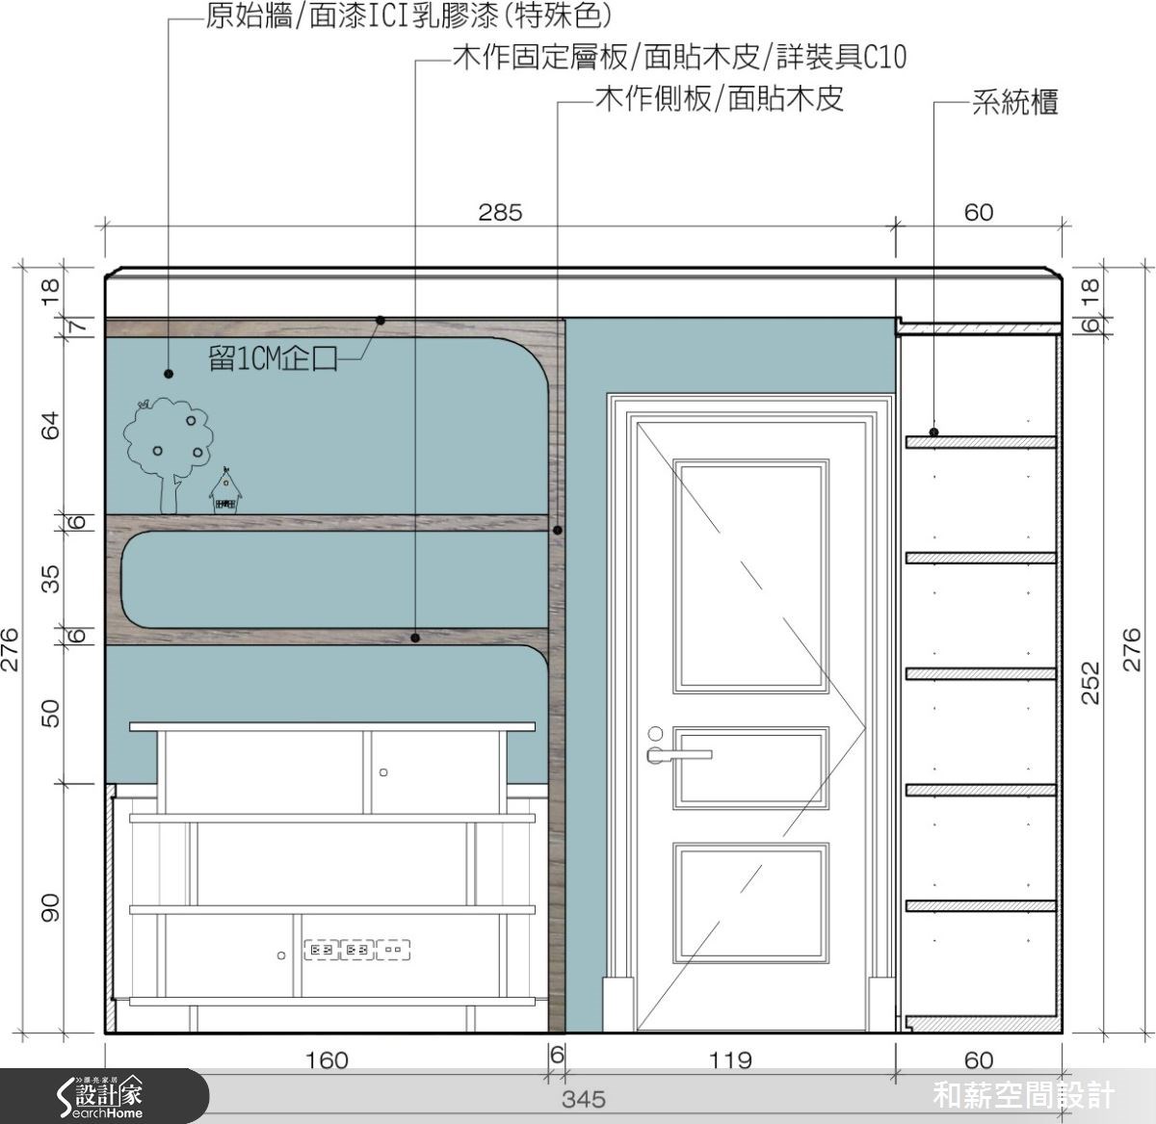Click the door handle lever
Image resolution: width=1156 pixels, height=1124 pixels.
pos(682,754)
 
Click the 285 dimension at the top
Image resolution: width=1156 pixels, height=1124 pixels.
pos(500,212)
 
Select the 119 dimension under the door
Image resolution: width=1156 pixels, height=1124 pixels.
pos(730,1060)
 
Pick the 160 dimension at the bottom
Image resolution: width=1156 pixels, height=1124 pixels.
pos(327,1060)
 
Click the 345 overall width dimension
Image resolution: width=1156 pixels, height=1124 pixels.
pos(584,1099)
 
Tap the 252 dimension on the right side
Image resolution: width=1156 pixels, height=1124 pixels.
pos(1090,682)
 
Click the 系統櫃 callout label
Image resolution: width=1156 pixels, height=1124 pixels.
pos(1015,102)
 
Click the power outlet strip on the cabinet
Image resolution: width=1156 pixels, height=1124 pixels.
pos(357,951)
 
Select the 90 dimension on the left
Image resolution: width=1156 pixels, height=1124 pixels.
pos(50,908)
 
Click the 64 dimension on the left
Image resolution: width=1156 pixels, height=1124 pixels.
pos(50,425)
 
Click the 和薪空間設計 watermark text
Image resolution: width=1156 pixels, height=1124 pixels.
pos(1024,1096)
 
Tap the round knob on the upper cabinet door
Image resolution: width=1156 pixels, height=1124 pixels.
pos(383,772)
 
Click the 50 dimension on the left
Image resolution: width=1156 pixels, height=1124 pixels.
pos(50,713)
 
